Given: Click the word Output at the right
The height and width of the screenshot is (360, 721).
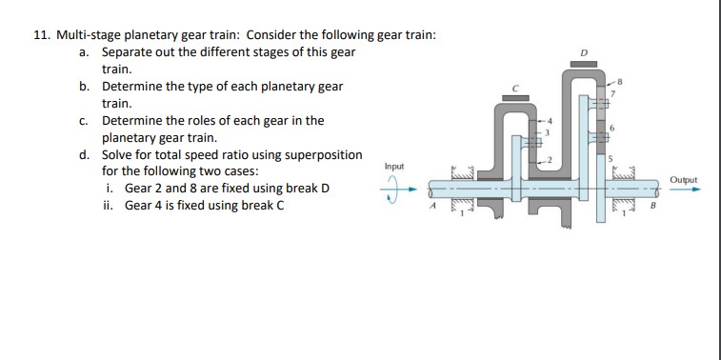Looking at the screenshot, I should (683, 179).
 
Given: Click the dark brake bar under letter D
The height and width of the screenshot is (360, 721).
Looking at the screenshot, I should (583, 64).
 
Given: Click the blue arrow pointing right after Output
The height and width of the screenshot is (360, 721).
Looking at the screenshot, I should (686, 190).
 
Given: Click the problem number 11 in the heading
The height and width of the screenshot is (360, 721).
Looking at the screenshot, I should (41, 35).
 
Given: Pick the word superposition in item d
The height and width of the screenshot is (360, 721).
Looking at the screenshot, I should (320, 154).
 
